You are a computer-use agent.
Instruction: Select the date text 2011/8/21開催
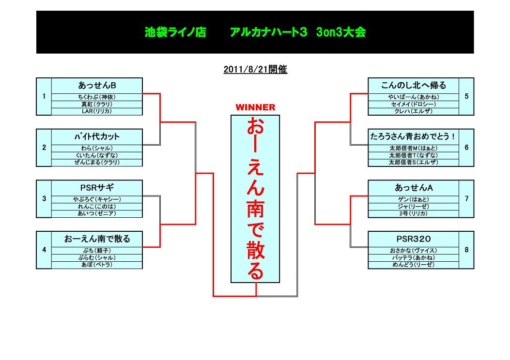255,70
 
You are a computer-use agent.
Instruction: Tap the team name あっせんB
97,85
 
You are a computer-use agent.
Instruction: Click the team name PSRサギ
97,188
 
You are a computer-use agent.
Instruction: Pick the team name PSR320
413,239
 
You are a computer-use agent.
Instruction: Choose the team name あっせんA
413,188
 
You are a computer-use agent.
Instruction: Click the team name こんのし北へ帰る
413,85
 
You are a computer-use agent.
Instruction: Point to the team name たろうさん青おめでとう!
413,136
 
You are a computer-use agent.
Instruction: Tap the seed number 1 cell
44,96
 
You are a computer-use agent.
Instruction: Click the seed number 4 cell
44,250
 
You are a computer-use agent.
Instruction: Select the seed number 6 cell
466,148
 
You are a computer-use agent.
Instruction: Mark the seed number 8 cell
466,250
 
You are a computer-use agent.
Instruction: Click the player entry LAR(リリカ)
97,111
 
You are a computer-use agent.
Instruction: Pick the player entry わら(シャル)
97,148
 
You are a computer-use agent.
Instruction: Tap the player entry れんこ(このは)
97,207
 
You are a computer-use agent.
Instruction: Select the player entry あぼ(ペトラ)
97,265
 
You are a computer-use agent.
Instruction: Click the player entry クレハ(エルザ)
413,111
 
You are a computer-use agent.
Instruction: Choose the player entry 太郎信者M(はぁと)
413,148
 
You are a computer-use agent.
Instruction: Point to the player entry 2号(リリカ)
413,213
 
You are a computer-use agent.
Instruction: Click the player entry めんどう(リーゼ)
413,265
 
